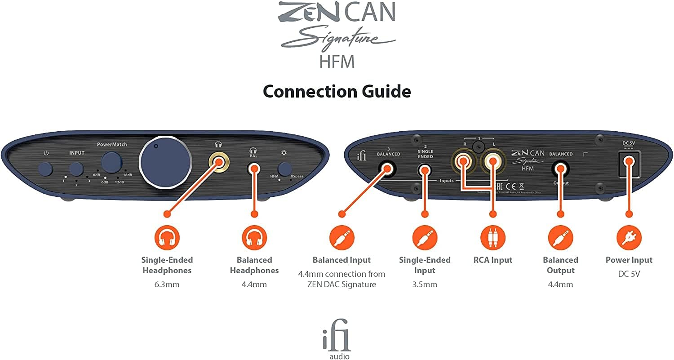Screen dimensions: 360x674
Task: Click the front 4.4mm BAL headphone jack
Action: (x=254, y=169)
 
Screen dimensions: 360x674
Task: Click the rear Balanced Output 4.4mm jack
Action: (x=560, y=169)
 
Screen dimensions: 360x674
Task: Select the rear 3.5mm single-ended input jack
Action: (x=424, y=169)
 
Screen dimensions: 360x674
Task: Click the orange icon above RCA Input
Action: (x=492, y=238)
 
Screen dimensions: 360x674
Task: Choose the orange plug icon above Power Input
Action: (x=629, y=238)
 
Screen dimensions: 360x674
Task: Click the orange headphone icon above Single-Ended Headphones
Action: (x=167, y=238)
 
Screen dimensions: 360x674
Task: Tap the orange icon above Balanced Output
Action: (x=560, y=238)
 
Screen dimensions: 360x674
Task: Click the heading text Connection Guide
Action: (x=337, y=92)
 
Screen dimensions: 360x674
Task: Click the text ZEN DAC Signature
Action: (x=341, y=284)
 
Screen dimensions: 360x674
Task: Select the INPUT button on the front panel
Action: (x=76, y=169)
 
